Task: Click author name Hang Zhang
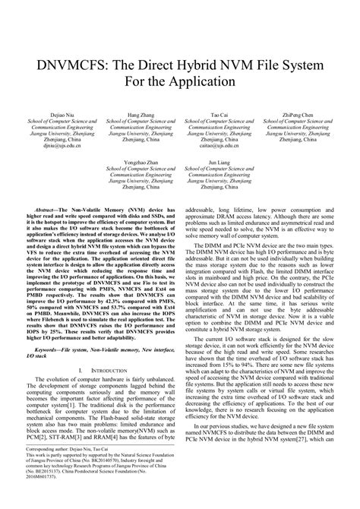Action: click(138, 115)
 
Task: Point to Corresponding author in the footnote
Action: click(50, 470)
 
